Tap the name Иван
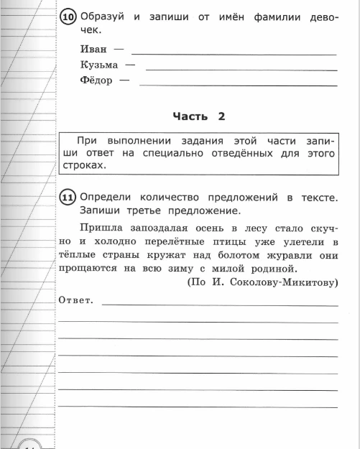click(94, 49)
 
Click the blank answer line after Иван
click(234, 53)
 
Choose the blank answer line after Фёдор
click(238, 84)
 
